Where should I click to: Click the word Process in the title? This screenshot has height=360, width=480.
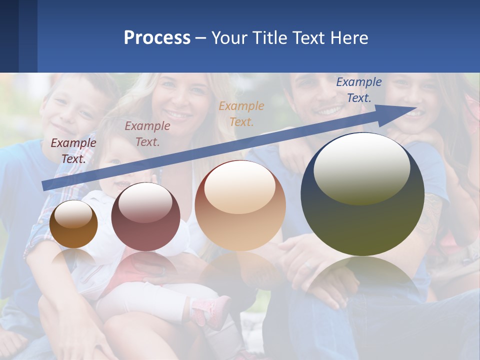point(157,38)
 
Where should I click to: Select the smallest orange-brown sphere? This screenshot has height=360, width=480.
point(73,224)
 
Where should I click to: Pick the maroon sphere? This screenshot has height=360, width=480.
point(145,217)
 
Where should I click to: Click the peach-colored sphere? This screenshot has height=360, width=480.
point(240,205)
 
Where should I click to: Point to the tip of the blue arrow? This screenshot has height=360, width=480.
point(416,107)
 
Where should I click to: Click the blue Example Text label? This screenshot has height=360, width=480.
point(358,90)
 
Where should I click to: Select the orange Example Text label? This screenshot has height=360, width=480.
point(241,113)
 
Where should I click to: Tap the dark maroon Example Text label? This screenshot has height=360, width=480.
point(73,151)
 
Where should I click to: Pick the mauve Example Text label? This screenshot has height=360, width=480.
point(147,134)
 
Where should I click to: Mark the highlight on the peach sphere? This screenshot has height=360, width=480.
point(240,185)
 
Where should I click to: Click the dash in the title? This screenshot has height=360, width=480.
point(200,38)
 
